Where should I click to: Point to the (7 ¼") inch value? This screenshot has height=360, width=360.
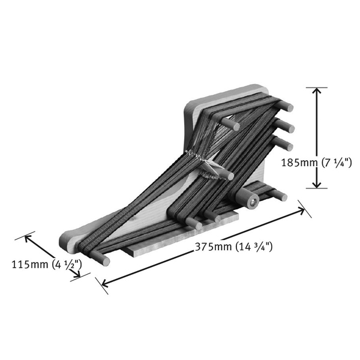(x=337, y=163)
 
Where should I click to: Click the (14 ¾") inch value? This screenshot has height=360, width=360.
(x=253, y=247)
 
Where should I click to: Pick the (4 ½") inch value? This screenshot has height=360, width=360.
(x=67, y=265)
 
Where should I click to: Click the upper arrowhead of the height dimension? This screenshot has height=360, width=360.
(x=317, y=92)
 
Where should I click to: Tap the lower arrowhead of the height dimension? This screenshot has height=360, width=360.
(x=317, y=184)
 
